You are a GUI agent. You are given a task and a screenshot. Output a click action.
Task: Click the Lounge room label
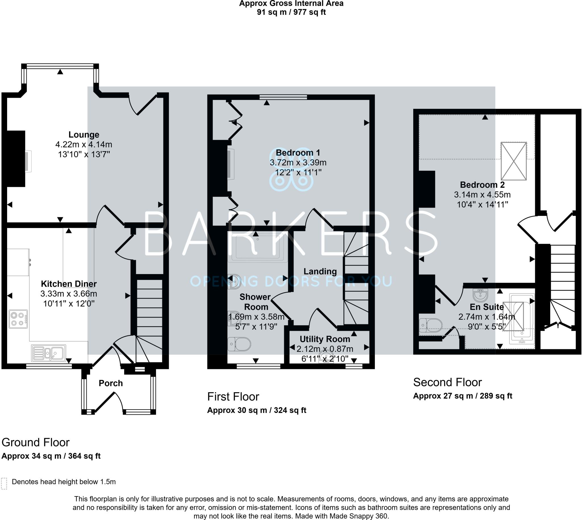tap(84, 135)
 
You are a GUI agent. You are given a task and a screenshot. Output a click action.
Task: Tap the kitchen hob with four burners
tap(18, 319)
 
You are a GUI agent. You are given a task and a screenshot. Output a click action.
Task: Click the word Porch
tap(111, 383)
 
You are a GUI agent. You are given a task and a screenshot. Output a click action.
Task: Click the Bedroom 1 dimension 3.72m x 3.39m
tap(298, 162)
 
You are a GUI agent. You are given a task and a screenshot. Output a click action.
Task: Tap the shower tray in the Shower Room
tap(259, 248)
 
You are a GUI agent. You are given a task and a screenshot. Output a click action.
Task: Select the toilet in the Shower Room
tap(239, 344)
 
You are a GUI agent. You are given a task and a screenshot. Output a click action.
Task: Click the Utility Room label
tap(325, 339)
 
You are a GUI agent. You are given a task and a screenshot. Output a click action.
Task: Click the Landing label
tap(320, 272)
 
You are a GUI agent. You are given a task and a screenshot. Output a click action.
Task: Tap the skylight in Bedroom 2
tap(514, 161)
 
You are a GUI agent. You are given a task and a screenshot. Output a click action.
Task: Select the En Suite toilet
tap(431, 325)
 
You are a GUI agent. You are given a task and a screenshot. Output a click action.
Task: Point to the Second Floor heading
tap(447, 382)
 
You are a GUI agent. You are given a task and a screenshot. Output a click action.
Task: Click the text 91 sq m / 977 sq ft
tap(291, 12)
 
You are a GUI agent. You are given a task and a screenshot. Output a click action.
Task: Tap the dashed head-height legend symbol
tap(4, 483)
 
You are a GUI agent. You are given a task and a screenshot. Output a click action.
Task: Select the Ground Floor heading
tap(36, 442)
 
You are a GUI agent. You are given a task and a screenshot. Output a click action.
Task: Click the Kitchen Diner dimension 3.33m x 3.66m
tap(68, 294)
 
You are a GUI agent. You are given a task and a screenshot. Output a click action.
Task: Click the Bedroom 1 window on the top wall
tap(283, 97)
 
